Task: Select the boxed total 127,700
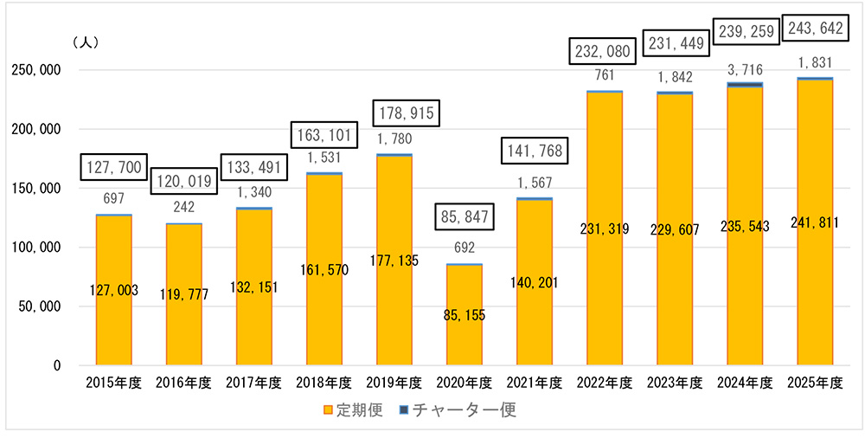click(x=113, y=167)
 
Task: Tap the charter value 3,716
click(x=744, y=68)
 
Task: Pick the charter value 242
click(x=183, y=207)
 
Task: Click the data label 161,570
click(x=324, y=270)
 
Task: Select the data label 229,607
click(x=674, y=230)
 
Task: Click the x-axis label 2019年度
click(x=394, y=383)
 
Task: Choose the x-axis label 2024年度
click(x=744, y=383)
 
